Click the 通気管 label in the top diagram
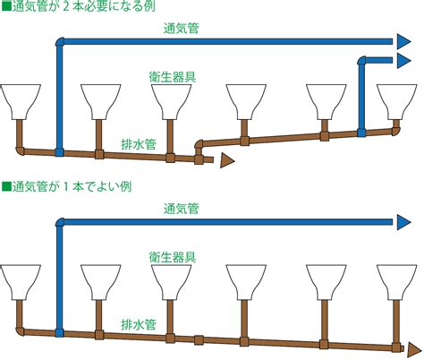[x=181, y=29]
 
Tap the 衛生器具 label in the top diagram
[x=173, y=77]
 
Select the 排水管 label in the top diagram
[x=139, y=144]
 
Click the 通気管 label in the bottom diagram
[x=181, y=209]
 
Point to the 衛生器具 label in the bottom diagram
[x=173, y=257]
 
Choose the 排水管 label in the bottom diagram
[x=139, y=324]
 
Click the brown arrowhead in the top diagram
[x=227, y=161]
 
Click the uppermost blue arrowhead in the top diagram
[x=403, y=41]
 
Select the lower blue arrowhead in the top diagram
[x=403, y=61]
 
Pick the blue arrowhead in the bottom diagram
[x=403, y=222]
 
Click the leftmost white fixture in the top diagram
[x=20, y=102]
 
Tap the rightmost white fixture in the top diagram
[x=396, y=102]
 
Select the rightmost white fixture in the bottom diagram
[x=396, y=282]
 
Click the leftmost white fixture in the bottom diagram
[x=20, y=282]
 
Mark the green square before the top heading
[x=6, y=6]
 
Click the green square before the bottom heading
[x=6, y=186]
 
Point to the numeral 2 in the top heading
[x=66, y=6]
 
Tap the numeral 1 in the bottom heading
[x=66, y=187]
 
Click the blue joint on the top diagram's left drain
[x=59, y=152]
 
